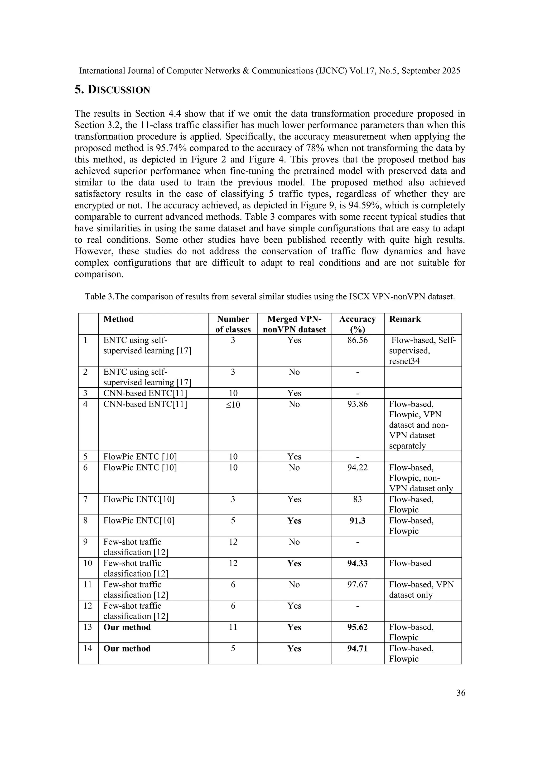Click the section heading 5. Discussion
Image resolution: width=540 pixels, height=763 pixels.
tap(112, 90)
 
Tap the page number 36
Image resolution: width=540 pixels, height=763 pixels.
tap(461, 693)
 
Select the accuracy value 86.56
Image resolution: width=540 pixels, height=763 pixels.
tap(358, 340)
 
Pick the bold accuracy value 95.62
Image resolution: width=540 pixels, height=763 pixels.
tap(358, 627)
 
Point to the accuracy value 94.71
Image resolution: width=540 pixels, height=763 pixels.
tap(358, 648)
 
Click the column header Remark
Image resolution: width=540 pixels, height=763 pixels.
tap(405, 319)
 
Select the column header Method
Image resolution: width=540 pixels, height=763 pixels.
tap(118, 319)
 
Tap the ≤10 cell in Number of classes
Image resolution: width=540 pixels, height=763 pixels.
tap(233, 404)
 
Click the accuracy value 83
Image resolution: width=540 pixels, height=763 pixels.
tap(358, 500)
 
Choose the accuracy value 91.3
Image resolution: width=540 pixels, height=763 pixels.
tap(358, 521)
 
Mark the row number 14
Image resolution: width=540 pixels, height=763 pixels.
tap(88, 648)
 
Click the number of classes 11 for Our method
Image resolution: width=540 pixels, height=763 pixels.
tap(233, 627)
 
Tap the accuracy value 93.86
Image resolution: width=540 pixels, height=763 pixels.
tap(358, 404)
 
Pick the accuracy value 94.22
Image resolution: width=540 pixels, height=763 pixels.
tap(358, 468)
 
